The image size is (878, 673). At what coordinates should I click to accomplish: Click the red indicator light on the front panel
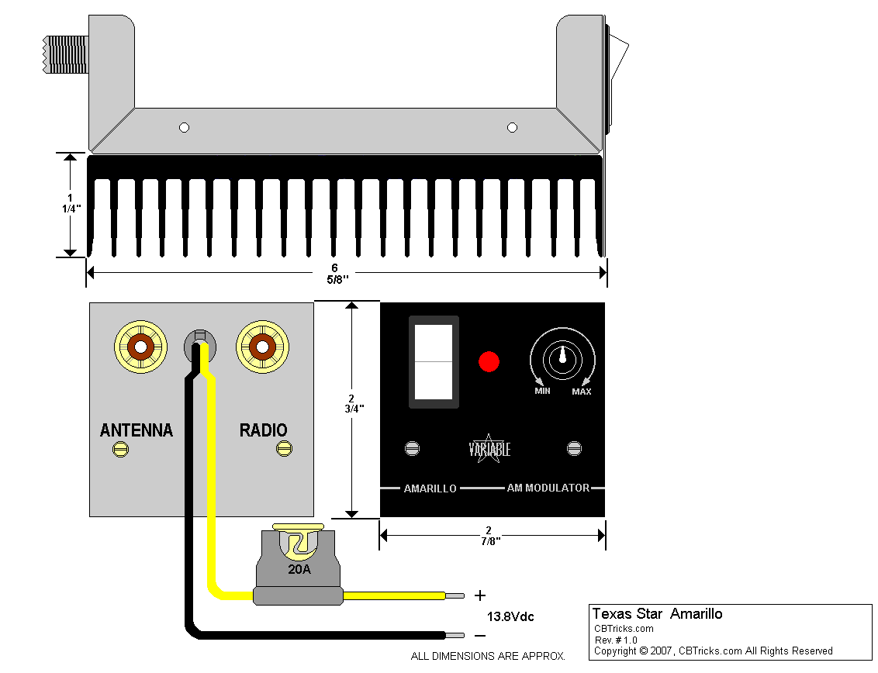pyautogui.click(x=489, y=361)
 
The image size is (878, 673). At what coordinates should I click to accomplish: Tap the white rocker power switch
pyautogui.click(x=434, y=361)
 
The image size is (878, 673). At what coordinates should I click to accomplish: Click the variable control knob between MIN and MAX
pyautogui.click(x=562, y=357)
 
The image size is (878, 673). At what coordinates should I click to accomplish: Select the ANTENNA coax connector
pyautogui.click(x=140, y=347)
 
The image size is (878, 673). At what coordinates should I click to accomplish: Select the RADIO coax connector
pyautogui.click(x=262, y=347)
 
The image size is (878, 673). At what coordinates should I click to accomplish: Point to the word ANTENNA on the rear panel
pyautogui.click(x=137, y=430)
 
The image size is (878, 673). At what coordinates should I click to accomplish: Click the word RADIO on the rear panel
pyautogui.click(x=263, y=430)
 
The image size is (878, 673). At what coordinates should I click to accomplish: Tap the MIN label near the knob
pyautogui.click(x=542, y=391)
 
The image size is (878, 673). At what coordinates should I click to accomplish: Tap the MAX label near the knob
pyautogui.click(x=582, y=392)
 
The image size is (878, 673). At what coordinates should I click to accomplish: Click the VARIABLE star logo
pyautogui.click(x=489, y=449)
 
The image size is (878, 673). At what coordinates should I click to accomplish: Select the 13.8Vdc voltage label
pyautogui.click(x=510, y=617)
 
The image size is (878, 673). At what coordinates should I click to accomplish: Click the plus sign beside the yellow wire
pyautogui.click(x=480, y=595)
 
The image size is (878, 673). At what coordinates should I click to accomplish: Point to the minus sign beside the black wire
pyautogui.click(x=480, y=635)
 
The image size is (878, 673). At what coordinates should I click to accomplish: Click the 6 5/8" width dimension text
pyautogui.click(x=334, y=273)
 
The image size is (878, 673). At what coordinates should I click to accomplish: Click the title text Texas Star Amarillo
pyautogui.click(x=657, y=614)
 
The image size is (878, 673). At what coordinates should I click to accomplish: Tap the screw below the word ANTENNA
pyautogui.click(x=120, y=448)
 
